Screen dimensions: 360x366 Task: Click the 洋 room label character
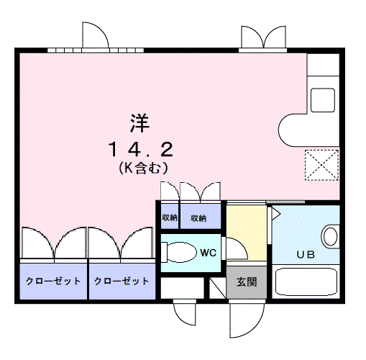(x=139, y=123)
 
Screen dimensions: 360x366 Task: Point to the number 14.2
(x=140, y=150)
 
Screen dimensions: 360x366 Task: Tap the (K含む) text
(x=142, y=169)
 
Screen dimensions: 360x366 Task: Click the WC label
(x=209, y=253)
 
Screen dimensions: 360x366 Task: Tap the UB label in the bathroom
(x=306, y=254)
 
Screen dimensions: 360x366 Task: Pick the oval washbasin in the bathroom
(x=331, y=235)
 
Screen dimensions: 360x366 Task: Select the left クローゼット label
(x=52, y=281)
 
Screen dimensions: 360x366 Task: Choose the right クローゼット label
(x=121, y=281)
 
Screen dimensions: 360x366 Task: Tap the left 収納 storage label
(x=169, y=217)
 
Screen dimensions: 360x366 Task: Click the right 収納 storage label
(x=198, y=217)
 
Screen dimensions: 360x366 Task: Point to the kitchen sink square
(x=322, y=99)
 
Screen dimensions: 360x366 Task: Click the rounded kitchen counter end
(x=291, y=128)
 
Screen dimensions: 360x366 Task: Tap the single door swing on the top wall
(x=96, y=35)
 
